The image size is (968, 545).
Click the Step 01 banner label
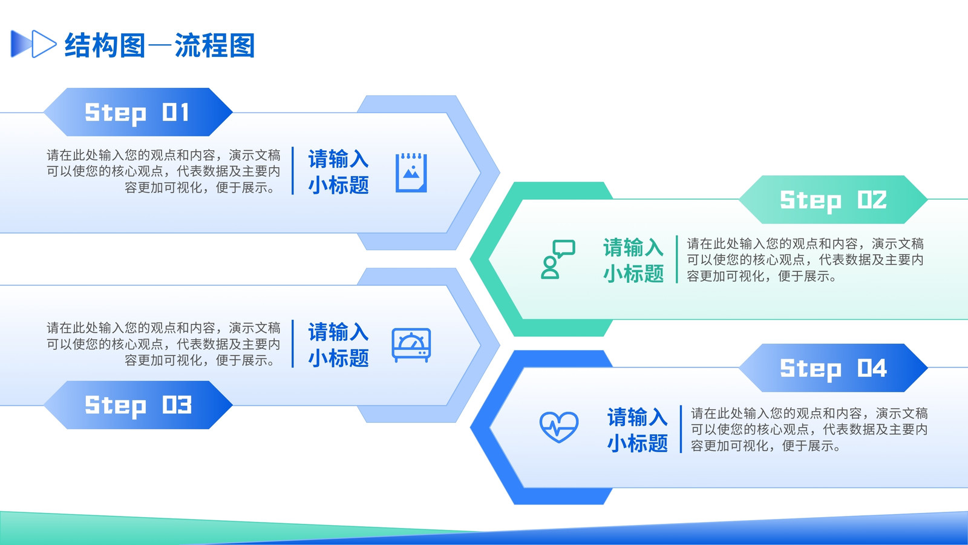(x=137, y=112)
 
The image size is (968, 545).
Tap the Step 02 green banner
(x=833, y=199)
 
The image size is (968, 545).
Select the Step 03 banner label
(x=137, y=405)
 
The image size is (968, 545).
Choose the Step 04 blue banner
(x=833, y=368)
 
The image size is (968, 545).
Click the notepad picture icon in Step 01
(x=411, y=173)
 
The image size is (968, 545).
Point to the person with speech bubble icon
(x=558, y=259)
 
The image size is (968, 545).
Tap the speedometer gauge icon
(x=411, y=345)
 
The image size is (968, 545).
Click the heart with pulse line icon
(x=559, y=427)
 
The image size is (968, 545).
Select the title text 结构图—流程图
(x=160, y=45)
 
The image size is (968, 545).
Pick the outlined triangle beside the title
(x=44, y=44)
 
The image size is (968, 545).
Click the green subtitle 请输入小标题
(x=633, y=260)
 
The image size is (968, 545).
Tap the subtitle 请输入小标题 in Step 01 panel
(x=338, y=171)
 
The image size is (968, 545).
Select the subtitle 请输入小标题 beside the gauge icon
(x=338, y=345)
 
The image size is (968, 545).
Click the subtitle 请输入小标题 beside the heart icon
(x=638, y=429)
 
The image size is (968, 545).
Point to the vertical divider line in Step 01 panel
(x=293, y=170)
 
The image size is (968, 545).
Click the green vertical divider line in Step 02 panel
(x=677, y=259)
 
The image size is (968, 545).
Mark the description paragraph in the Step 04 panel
(x=809, y=429)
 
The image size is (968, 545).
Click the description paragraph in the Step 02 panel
(x=805, y=260)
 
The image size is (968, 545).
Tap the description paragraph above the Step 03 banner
(x=163, y=344)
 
